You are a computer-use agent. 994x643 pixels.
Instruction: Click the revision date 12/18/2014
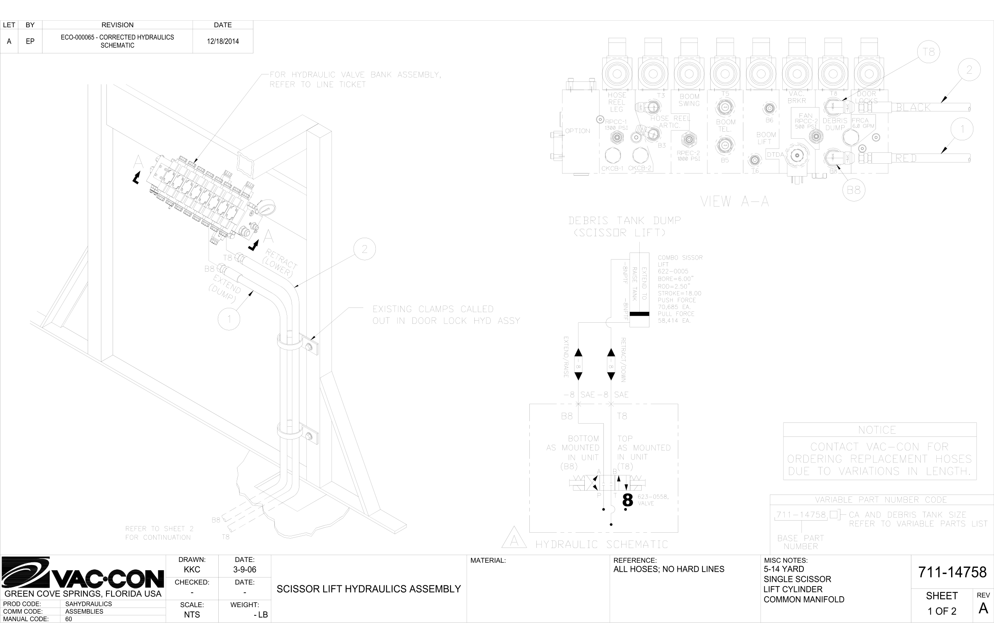pyautogui.click(x=223, y=41)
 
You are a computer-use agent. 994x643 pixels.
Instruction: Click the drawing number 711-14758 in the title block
pyautogui.click(x=952, y=572)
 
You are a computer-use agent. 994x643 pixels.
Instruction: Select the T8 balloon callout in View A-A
pyautogui.click(x=929, y=52)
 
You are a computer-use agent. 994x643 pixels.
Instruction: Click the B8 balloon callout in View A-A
pyautogui.click(x=854, y=190)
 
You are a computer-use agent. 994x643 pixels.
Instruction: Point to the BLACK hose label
pyautogui.click(x=913, y=108)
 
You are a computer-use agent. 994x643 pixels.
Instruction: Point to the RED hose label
pyautogui.click(x=906, y=159)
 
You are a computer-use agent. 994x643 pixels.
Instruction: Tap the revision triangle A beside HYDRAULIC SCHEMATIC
pyautogui.click(x=514, y=539)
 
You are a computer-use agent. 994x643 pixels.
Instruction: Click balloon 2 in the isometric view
pyautogui.click(x=364, y=249)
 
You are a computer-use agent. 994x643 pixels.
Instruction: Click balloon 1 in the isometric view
pyautogui.click(x=229, y=320)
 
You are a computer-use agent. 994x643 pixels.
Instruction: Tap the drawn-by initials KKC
pyautogui.click(x=192, y=569)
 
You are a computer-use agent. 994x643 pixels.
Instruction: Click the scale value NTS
pyautogui.click(x=192, y=615)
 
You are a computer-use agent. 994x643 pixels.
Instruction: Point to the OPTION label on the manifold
pyautogui.click(x=577, y=131)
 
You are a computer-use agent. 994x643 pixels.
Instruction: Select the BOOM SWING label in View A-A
pyautogui.click(x=689, y=100)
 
